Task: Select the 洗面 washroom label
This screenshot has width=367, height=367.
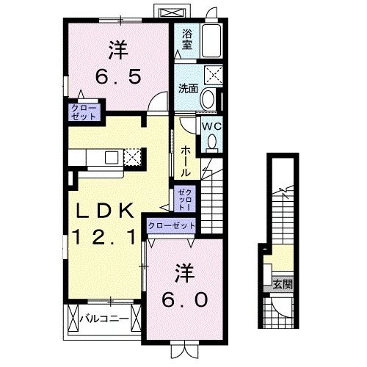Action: (x=188, y=88)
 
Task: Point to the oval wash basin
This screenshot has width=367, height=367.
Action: (x=208, y=100)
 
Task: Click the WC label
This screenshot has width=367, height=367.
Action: (x=211, y=126)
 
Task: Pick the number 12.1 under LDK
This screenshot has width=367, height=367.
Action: (x=103, y=236)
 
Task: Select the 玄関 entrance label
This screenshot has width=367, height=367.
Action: (x=282, y=284)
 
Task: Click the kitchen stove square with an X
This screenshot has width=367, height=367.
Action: (x=131, y=156)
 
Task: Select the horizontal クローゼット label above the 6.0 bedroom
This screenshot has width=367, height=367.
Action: (x=172, y=226)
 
